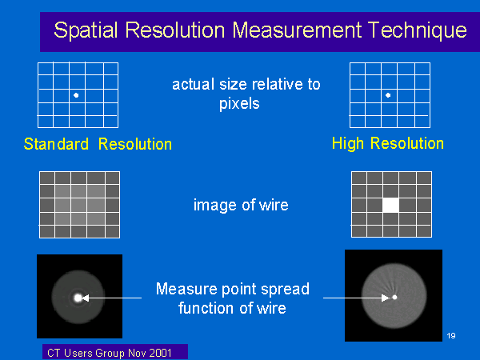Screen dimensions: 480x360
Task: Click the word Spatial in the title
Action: point(86,30)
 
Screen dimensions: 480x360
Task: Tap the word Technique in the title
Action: point(418,30)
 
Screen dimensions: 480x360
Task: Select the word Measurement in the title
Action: point(298,30)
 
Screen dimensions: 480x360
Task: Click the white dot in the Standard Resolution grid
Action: point(76,95)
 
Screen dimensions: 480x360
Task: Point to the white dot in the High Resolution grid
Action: point(388,95)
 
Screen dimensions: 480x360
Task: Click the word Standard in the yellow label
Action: point(56,144)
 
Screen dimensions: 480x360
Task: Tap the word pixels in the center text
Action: point(239,104)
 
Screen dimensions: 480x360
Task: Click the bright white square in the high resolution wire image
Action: point(391,205)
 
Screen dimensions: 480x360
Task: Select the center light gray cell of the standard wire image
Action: point(79,205)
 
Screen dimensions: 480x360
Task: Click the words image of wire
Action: point(241,205)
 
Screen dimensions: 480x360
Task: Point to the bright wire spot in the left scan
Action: point(78,298)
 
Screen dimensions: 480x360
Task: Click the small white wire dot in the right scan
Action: point(395,298)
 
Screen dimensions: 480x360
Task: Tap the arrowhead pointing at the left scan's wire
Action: point(86,298)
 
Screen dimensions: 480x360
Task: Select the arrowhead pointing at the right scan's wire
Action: point(386,298)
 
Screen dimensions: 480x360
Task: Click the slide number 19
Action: point(451,336)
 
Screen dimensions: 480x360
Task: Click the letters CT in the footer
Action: point(54,354)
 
